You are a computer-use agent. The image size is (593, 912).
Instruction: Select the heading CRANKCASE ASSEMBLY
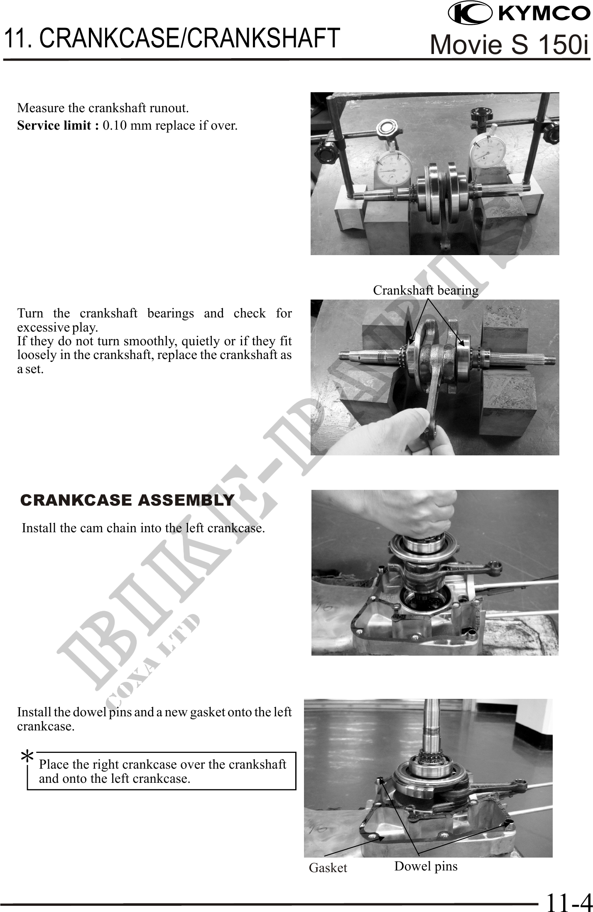point(127,500)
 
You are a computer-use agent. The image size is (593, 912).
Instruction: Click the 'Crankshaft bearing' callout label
point(425,290)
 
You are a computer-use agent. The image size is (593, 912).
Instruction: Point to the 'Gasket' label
point(328,868)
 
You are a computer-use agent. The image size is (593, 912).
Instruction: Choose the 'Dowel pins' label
point(426,866)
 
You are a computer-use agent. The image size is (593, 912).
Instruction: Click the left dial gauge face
point(393,170)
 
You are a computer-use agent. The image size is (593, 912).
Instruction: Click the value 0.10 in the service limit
point(115,125)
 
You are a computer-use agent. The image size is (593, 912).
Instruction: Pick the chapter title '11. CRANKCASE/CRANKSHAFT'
point(172,38)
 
